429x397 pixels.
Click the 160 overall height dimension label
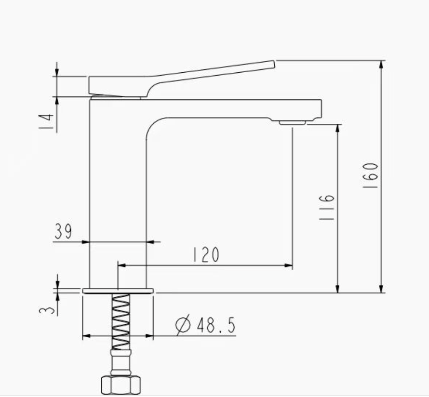click(x=371, y=176)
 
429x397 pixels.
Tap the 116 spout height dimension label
click(x=327, y=207)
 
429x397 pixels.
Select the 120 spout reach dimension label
click(x=206, y=255)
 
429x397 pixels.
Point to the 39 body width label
click(x=63, y=232)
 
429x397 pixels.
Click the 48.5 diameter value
click(x=216, y=326)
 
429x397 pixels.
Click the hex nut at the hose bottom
click(x=121, y=385)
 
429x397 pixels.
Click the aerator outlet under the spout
click(x=292, y=123)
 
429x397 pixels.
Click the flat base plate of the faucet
click(x=118, y=291)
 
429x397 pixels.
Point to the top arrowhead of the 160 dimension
click(x=382, y=65)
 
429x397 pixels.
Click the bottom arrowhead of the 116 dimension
click(x=338, y=289)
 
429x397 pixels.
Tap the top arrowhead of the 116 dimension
click(x=338, y=128)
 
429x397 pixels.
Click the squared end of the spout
click(x=318, y=109)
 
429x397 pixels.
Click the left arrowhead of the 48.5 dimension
click(x=86, y=335)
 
